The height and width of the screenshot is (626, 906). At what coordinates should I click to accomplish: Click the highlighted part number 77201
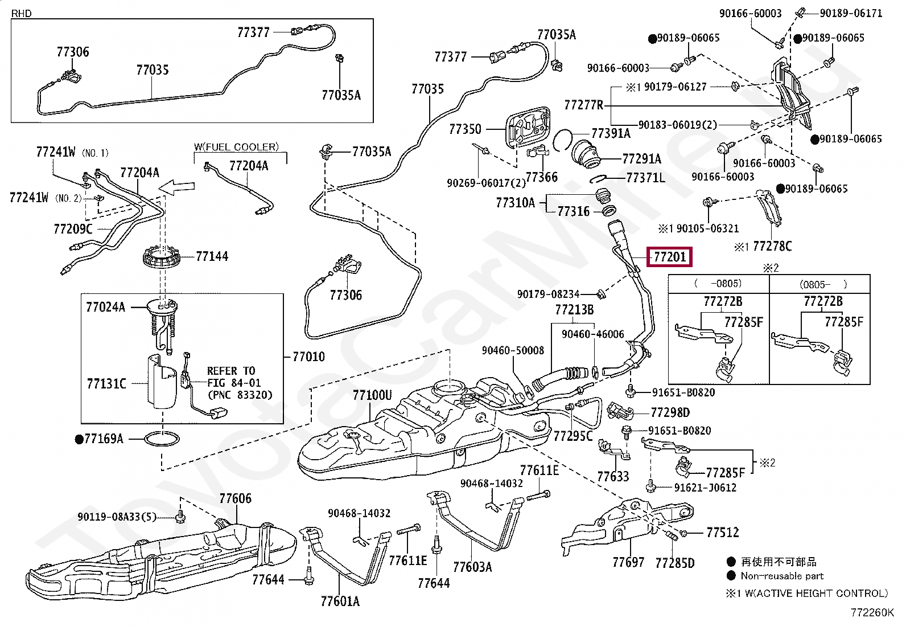tap(670, 257)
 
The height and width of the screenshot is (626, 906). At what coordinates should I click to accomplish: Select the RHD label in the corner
tap(22, 13)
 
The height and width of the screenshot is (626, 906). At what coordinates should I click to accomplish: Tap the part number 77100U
tap(372, 395)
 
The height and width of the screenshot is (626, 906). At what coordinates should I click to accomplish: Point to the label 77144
tap(212, 256)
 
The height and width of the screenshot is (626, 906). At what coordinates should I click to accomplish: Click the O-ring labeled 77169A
tap(162, 439)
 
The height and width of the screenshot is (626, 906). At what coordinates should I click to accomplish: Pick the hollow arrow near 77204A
tap(177, 187)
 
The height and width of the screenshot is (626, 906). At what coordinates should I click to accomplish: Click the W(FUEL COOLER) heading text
tap(237, 146)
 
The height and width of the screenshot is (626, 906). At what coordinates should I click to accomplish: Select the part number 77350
tap(465, 129)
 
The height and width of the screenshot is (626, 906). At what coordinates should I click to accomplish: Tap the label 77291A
tap(642, 159)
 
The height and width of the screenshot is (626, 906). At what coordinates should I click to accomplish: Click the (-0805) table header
tap(718, 284)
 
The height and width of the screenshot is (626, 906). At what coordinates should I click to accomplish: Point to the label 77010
tap(308, 357)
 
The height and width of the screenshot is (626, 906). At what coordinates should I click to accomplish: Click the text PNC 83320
tap(240, 395)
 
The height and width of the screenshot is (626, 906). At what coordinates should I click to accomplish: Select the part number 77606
tap(236, 498)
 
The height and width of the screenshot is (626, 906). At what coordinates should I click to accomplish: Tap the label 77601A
tap(340, 602)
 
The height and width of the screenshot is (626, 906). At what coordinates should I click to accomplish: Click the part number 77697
tap(628, 562)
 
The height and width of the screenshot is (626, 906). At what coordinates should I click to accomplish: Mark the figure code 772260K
tap(872, 613)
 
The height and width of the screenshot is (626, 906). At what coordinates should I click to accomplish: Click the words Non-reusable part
tap(782, 576)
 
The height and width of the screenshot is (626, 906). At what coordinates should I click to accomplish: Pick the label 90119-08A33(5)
tap(117, 517)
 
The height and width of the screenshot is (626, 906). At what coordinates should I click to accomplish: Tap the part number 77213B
tap(574, 310)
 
